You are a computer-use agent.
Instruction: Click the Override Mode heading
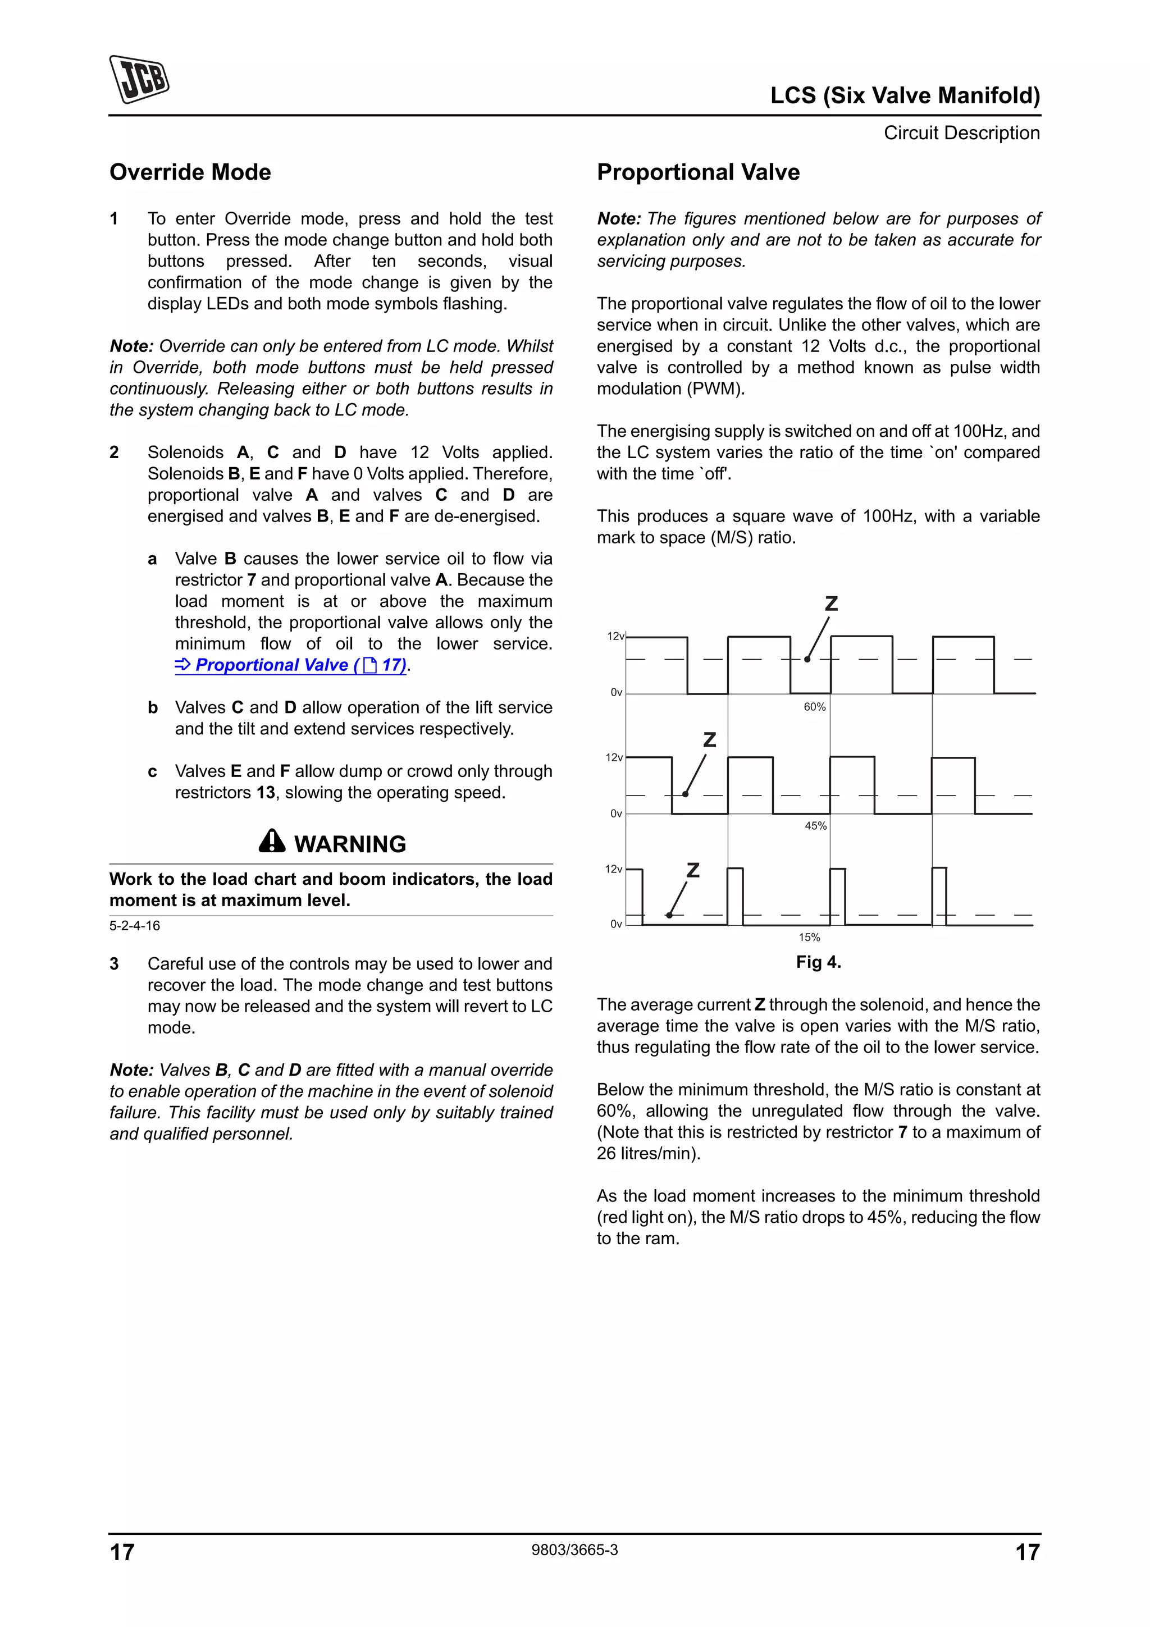(x=190, y=172)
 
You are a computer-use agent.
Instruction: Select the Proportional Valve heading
(x=698, y=172)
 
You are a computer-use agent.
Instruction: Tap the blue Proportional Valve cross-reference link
(x=290, y=665)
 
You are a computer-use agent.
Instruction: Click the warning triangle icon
(x=272, y=841)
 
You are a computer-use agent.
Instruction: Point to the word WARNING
(x=350, y=844)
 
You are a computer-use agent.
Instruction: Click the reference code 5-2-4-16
(x=135, y=925)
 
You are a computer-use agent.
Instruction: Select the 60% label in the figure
(x=815, y=706)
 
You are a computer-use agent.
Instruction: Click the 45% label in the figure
(x=815, y=825)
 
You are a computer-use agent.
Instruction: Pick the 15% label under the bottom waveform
(x=809, y=938)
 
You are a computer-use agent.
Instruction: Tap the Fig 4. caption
(x=818, y=962)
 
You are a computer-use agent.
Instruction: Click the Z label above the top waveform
(x=831, y=604)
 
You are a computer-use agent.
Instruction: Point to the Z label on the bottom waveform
(x=693, y=870)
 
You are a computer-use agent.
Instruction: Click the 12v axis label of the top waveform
(x=615, y=636)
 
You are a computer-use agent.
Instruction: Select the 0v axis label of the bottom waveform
(x=616, y=924)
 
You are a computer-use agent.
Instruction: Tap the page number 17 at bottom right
(x=1028, y=1552)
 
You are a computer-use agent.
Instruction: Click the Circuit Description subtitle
(x=961, y=133)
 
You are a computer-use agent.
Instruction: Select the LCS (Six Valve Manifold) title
(x=905, y=95)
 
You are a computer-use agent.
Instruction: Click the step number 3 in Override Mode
(x=114, y=964)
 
